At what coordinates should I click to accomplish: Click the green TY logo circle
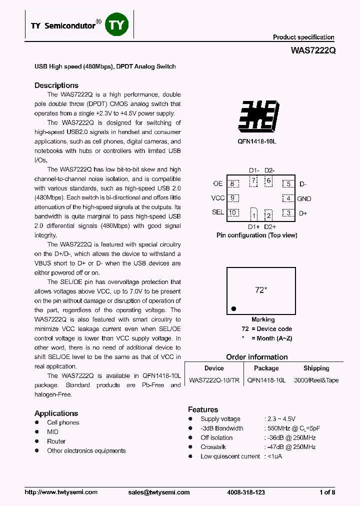tap(116, 24)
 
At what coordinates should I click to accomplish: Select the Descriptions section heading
tap(56, 85)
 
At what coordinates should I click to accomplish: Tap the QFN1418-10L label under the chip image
tap(257, 141)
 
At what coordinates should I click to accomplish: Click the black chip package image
tap(257, 115)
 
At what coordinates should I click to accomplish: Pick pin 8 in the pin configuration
tap(232, 184)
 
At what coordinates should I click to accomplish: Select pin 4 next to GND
tap(288, 198)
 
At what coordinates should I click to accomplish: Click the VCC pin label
tap(217, 198)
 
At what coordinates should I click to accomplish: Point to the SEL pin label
tap(217, 212)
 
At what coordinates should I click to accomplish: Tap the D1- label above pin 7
tap(254, 170)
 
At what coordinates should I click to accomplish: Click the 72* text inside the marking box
tap(260, 290)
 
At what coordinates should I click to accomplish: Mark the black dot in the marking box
tap(233, 308)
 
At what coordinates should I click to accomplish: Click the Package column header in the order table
tap(266, 368)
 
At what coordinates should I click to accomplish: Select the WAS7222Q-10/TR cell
tap(214, 380)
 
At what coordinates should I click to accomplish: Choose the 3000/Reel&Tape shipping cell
tap(316, 380)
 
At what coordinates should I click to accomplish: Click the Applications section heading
tap(56, 413)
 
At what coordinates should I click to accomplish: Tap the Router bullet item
tap(56, 441)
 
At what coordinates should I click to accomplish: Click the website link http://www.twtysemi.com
tap(61, 492)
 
